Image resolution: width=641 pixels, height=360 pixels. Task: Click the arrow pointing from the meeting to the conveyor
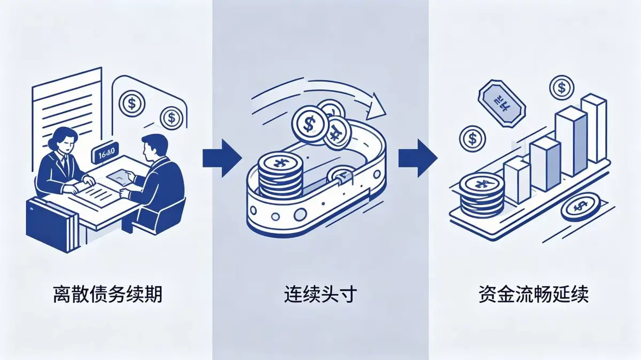coord(222,159)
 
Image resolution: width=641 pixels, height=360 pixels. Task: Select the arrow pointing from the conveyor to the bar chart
coord(418,159)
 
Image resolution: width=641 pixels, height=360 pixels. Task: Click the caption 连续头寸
coord(320,295)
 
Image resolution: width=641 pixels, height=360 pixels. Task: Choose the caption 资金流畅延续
coord(534,295)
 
